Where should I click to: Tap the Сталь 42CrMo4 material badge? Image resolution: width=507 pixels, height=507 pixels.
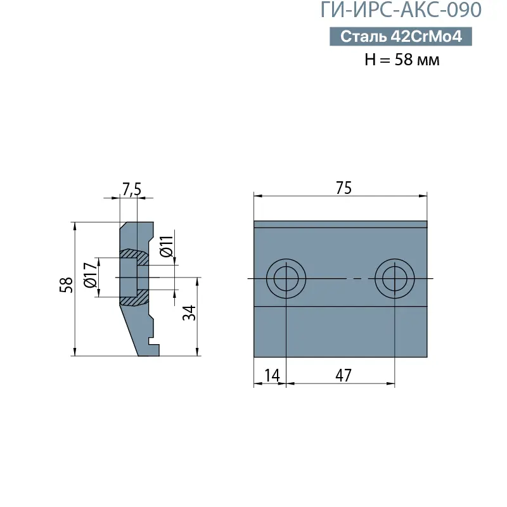[x=401, y=37]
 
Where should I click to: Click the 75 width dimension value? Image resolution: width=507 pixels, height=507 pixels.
[x=343, y=188]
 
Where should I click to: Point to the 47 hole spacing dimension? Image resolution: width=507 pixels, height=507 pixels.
[x=343, y=375]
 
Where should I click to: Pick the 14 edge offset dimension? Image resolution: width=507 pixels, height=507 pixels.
[x=271, y=375]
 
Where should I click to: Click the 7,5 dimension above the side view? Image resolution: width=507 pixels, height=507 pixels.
[x=131, y=189]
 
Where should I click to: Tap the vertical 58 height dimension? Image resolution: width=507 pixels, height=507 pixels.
[x=66, y=286]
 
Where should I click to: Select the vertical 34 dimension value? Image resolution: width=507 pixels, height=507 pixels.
[x=189, y=312]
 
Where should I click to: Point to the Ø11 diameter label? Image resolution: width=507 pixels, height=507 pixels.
[x=166, y=246]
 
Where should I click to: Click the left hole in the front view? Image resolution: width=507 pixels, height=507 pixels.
[x=286, y=278]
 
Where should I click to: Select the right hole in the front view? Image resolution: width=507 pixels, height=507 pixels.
[x=394, y=278]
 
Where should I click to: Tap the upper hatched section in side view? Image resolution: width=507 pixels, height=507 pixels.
[x=134, y=255]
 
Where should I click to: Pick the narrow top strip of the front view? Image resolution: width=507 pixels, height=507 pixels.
[x=340, y=224]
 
